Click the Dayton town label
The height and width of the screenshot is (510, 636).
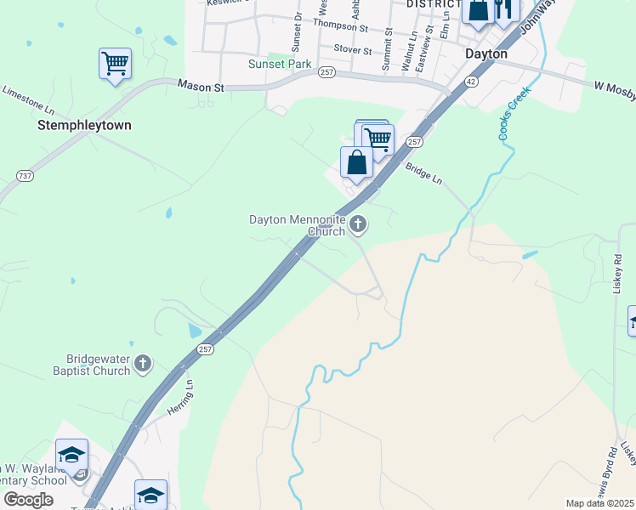486,54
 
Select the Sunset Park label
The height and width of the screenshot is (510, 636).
280,64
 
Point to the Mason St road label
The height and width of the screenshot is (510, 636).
201,86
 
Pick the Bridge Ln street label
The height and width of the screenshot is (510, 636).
423,173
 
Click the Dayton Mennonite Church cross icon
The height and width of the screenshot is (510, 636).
358,225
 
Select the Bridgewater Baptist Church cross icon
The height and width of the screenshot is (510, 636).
143,364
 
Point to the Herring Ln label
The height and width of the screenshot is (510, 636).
180,398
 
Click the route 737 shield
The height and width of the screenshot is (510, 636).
25,176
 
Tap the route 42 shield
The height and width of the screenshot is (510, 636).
469,81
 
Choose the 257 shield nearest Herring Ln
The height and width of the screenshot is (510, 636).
205,349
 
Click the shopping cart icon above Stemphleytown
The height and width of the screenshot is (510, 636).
115,63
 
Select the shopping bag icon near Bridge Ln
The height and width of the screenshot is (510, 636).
356,161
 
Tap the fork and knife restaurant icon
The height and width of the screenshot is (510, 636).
505,8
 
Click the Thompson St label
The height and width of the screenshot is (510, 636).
340,25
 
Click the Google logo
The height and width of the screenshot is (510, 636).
29,500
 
